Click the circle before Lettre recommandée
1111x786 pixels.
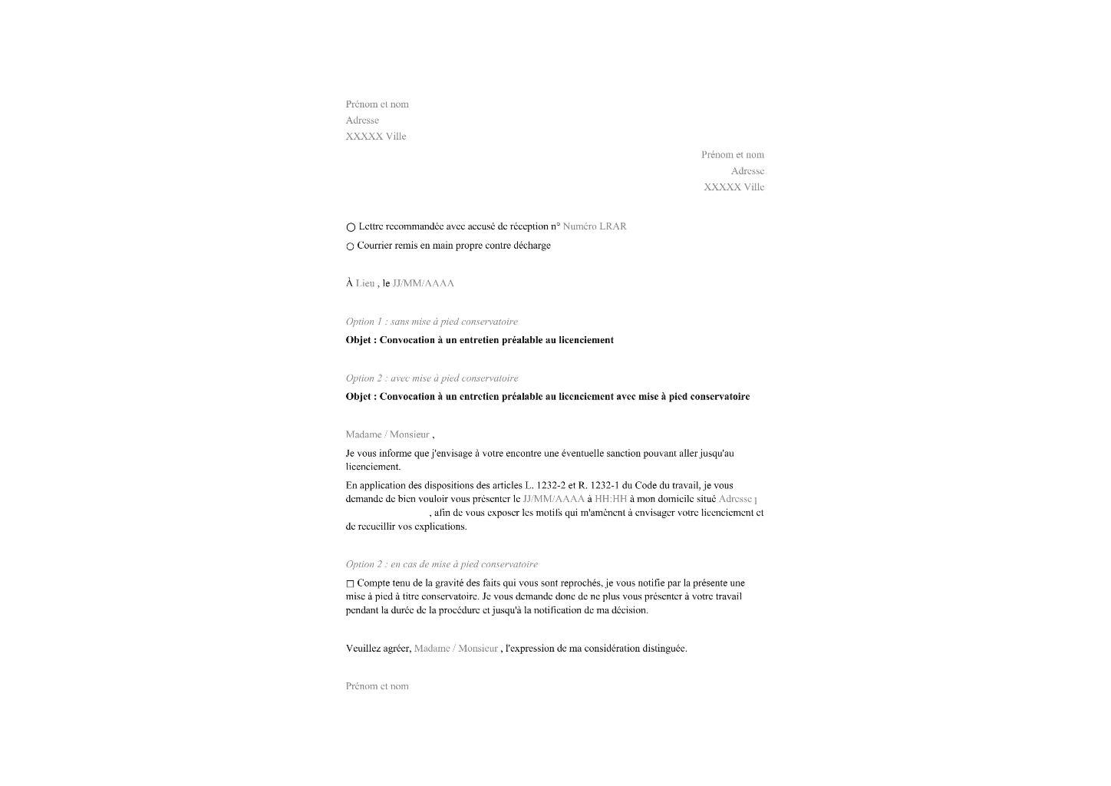(x=351, y=227)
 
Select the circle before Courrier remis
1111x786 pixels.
(x=350, y=246)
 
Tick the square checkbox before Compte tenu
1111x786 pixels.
(x=350, y=584)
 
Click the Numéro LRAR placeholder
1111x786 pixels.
(x=595, y=226)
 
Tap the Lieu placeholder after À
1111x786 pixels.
(x=365, y=283)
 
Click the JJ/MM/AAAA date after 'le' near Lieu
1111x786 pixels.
(x=423, y=283)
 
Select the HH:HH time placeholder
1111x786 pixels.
(x=611, y=499)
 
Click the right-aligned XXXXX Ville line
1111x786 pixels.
(x=734, y=187)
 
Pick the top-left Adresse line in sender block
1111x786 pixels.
(x=362, y=121)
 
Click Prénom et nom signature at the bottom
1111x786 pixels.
(x=377, y=686)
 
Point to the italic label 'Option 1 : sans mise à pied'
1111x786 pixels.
(x=431, y=322)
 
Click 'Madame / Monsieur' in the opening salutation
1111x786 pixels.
(x=387, y=434)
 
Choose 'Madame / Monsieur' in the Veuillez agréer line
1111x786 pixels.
(x=456, y=649)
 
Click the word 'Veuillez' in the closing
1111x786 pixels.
(x=363, y=649)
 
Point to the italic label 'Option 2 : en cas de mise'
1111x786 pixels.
(x=441, y=564)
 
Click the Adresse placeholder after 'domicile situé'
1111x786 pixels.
(x=735, y=499)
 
